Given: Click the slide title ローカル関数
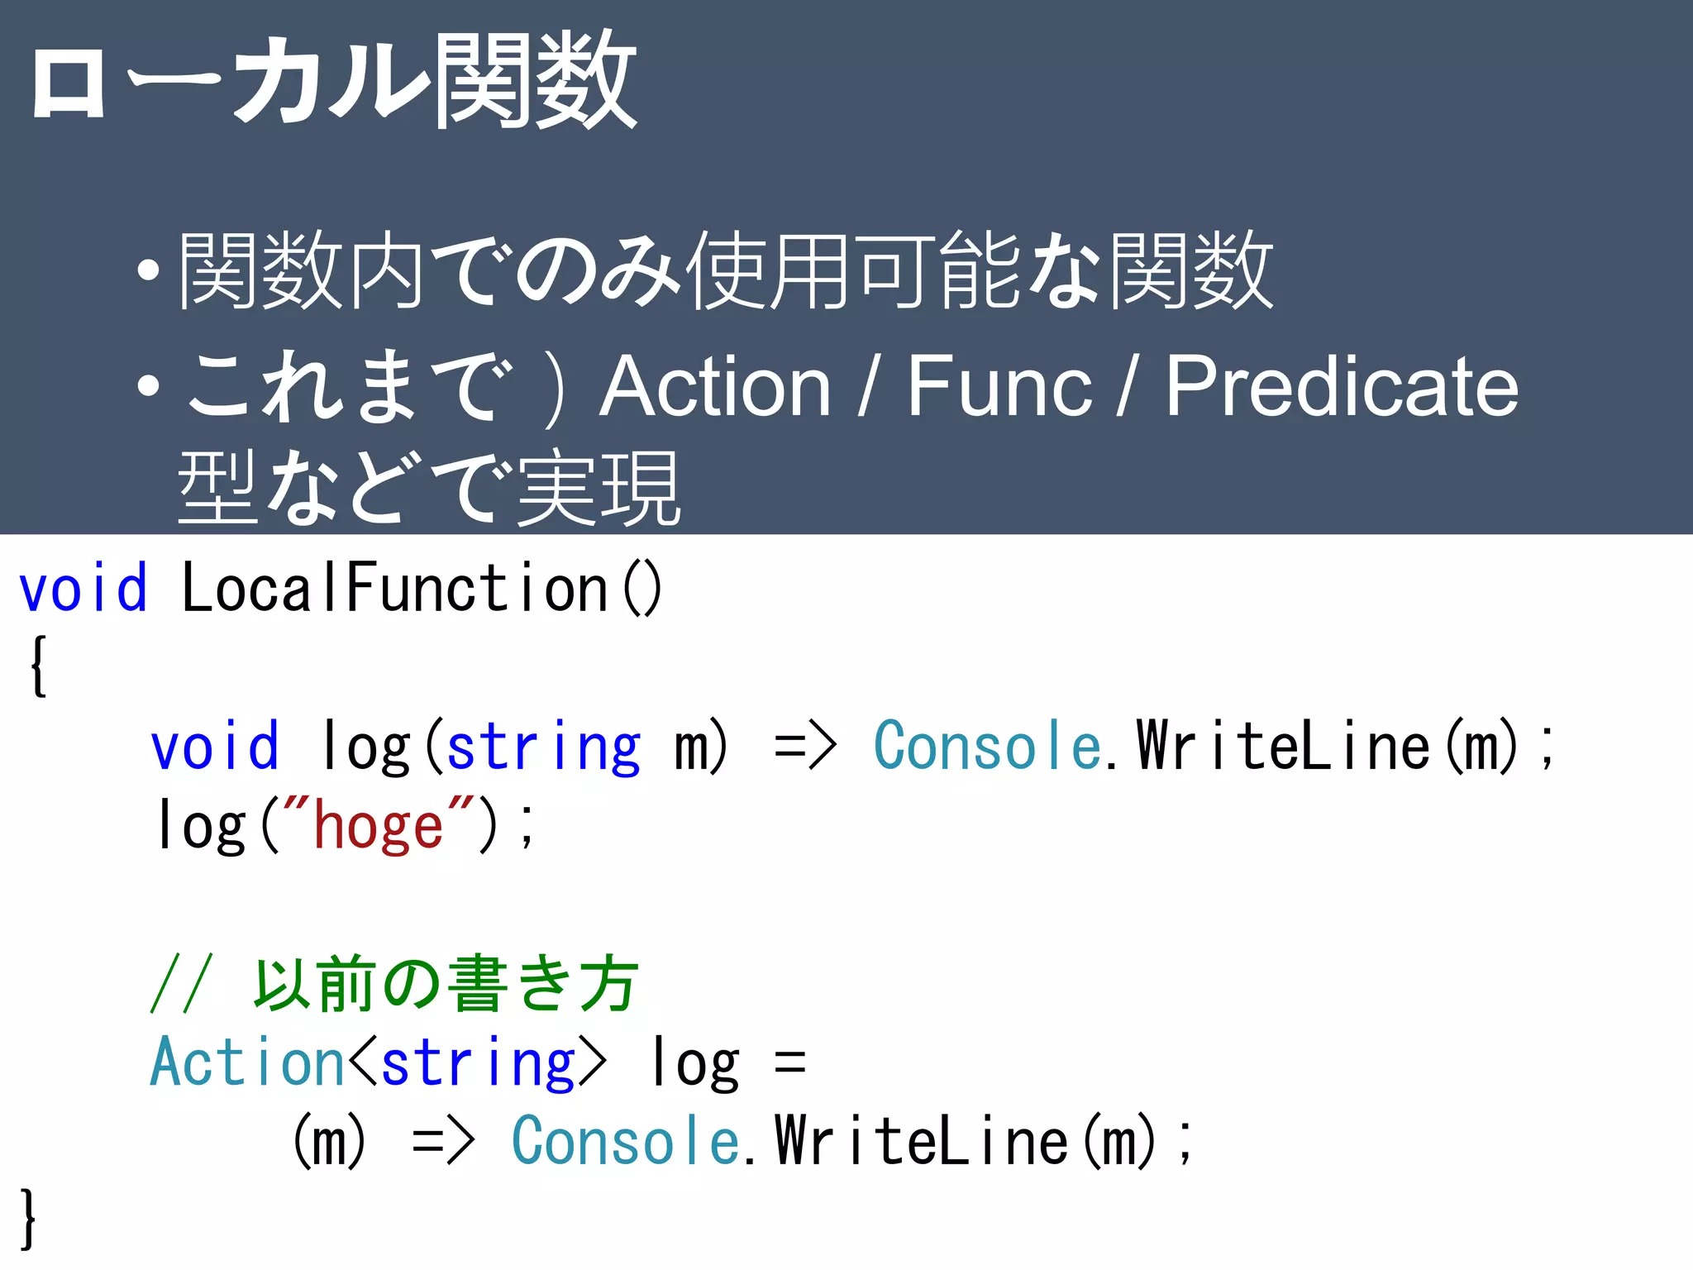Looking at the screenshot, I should click(332, 81).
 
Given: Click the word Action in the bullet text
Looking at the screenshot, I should click(715, 386).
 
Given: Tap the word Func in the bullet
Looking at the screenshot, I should click(999, 386).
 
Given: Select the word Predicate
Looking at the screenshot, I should click(1342, 386).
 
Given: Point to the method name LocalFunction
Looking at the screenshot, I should click(395, 588).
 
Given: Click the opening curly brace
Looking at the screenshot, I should click(37, 666).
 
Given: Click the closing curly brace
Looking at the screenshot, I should click(28, 1218).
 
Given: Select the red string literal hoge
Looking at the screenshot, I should click(378, 827).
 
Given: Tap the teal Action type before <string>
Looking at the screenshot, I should click(246, 1062).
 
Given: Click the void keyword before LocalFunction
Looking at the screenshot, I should click(83, 588).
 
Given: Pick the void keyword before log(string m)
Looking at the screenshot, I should click(214, 747).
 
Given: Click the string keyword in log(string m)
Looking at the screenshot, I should click(543, 747).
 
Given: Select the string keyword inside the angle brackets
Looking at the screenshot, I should click(478, 1062).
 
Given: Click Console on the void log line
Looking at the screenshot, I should click(987, 747).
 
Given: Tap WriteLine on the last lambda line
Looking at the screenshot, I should click(922, 1141).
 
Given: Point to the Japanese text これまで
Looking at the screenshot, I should click(347, 386).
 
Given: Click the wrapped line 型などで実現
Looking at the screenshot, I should click(428, 489).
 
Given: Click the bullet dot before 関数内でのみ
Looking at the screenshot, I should click(148, 271).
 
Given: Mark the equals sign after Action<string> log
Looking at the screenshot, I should click(790, 1062).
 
